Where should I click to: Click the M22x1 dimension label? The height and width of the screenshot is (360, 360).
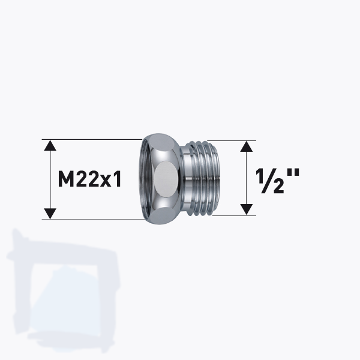click(x=90, y=179)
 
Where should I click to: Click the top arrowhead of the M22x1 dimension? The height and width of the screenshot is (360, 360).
click(x=50, y=146)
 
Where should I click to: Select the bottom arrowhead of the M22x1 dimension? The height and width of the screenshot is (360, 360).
click(x=50, y=213)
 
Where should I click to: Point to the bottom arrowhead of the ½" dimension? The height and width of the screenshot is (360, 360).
click(x=245, y=208)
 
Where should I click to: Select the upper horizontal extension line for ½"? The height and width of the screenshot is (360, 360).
click(x=240, y=141)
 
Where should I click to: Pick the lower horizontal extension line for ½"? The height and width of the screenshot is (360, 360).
click(x=240, y=215)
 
